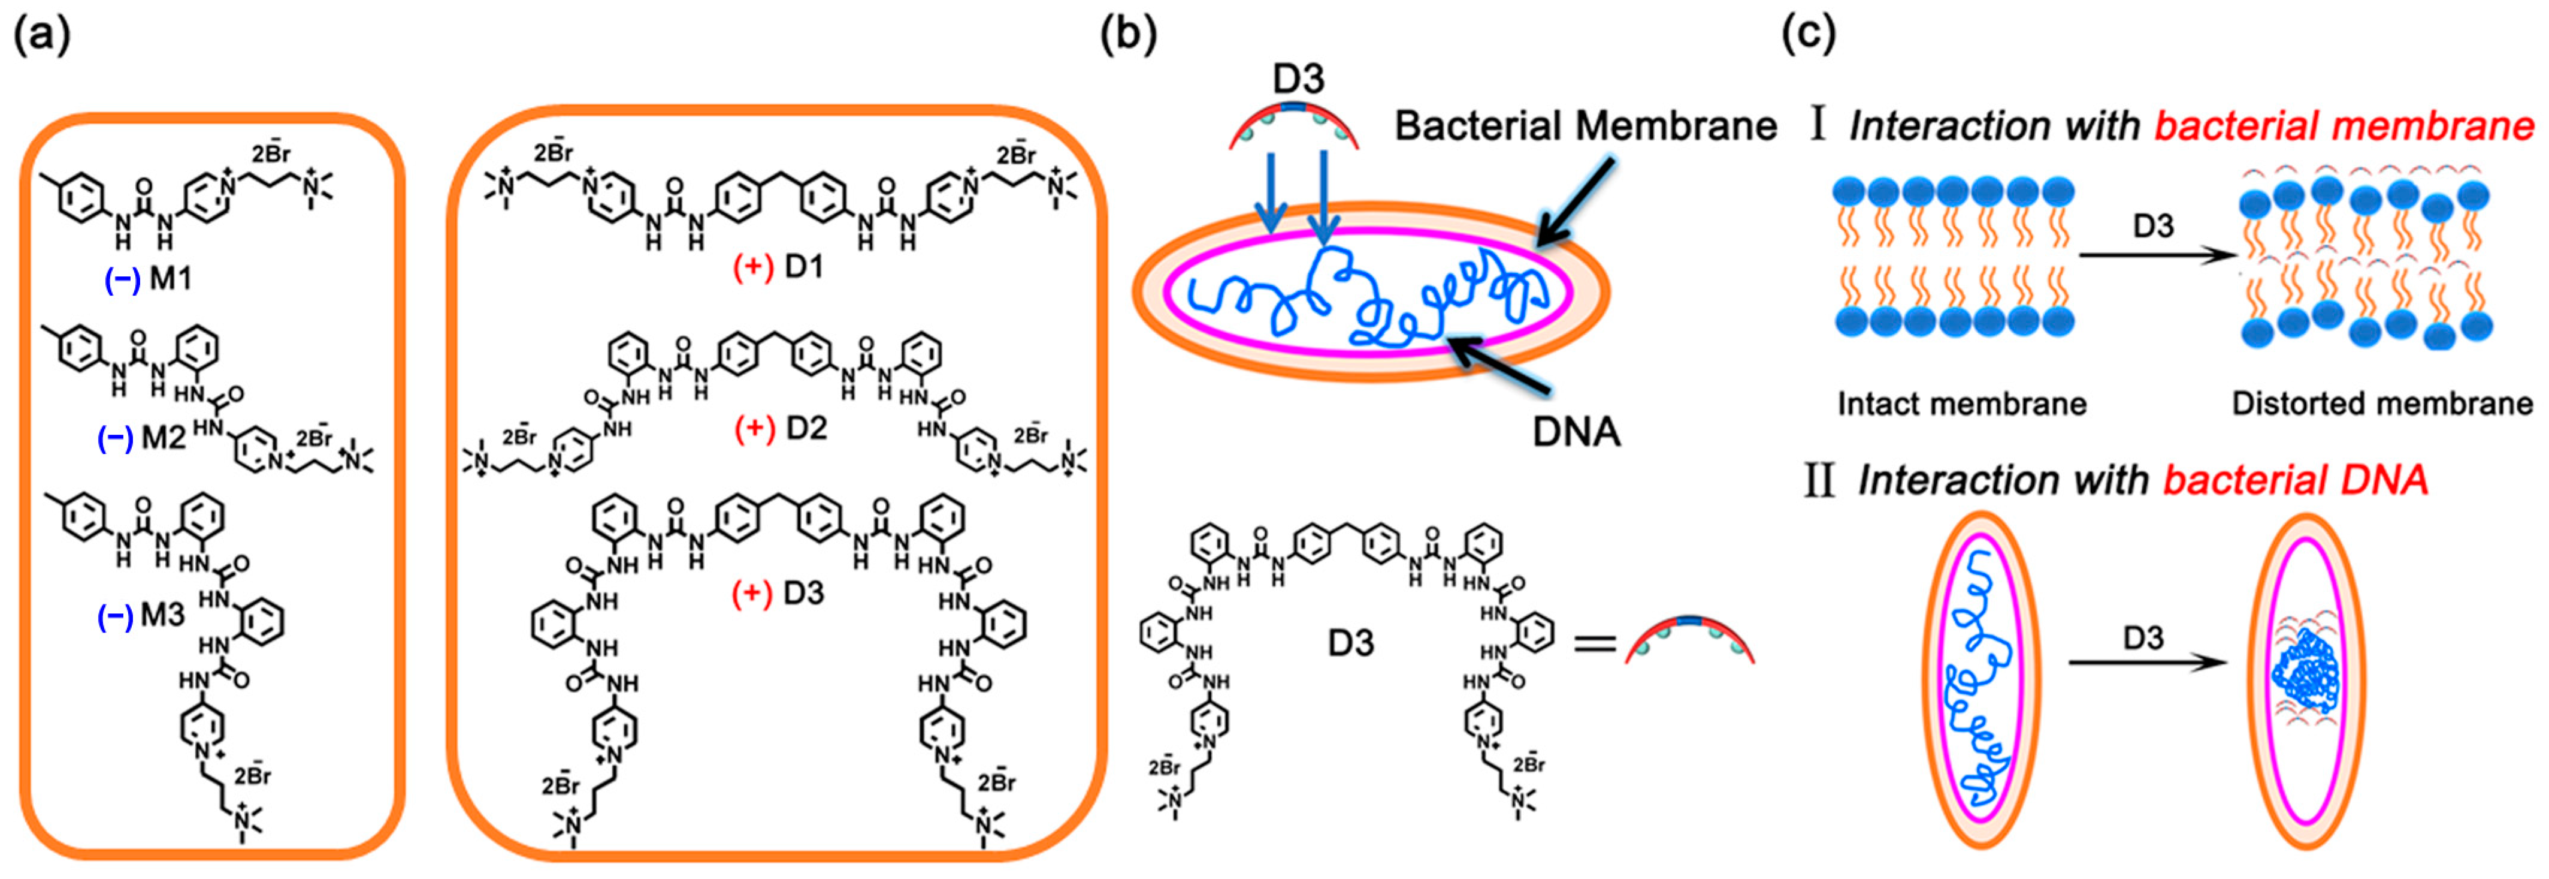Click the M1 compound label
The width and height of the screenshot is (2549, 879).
[x=170, y=280]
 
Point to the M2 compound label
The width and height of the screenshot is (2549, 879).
[x=164, y=437]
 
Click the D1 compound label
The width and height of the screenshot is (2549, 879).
[x=803, y=267]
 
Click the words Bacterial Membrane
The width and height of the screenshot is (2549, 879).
[x=1585, y=126]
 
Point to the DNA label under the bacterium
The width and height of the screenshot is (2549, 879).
[x=1576, y=432]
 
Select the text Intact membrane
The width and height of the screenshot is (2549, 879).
[x=1961, y=404]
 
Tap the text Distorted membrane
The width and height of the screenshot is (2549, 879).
[x=2382, y=404]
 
